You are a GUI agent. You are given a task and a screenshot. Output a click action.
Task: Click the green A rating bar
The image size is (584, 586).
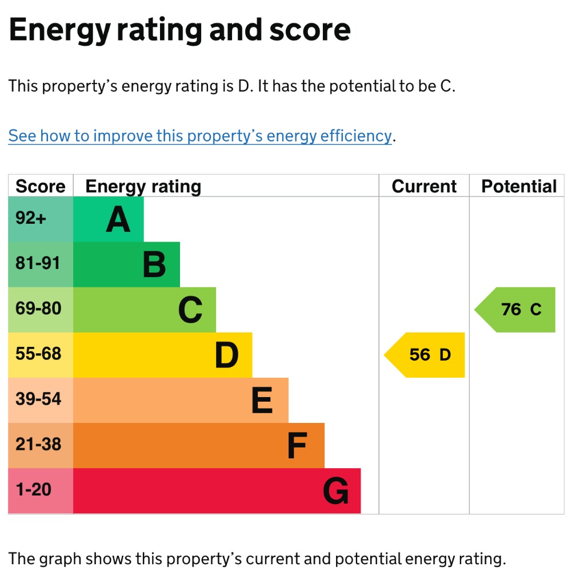click(109, 219)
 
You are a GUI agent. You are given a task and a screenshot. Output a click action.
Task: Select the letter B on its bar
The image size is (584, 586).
click(154, 265)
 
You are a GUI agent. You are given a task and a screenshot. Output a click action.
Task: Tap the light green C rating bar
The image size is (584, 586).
click(145, 310)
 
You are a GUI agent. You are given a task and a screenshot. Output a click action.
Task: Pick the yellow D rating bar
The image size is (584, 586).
click(162, 355)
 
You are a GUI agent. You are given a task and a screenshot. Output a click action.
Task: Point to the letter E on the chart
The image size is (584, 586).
click(262, 401)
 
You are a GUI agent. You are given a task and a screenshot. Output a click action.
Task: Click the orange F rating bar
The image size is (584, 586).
click(199, 446)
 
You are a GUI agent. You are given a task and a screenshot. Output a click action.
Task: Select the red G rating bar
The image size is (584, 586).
click(217, 491)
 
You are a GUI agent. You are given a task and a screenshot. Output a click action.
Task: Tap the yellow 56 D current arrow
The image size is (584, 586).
click(426, 355)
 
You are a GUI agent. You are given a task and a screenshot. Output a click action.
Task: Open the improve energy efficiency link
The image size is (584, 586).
click(200, 136)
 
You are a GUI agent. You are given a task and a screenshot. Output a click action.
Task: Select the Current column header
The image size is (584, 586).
click(424, 187)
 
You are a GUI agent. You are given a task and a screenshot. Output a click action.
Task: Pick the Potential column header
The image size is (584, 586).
click(518, 187)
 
